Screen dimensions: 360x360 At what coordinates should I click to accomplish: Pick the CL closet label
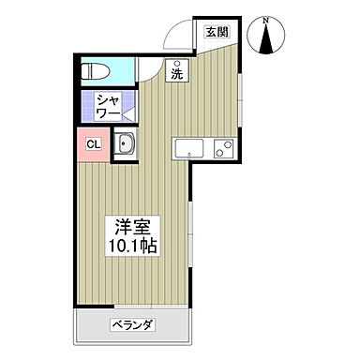pyautogui.click(x=94, y=143)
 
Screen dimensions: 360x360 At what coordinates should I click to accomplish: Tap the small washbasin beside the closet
pyautogui.click(x=126, y=145)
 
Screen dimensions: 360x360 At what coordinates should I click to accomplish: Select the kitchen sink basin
pyautogui.click(x=187, y=148)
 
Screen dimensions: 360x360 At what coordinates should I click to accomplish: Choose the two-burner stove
pyautogui.click(x=223, y=148)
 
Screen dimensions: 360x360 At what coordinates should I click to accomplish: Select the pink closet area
pyautogui.click(x=94, y=145)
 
